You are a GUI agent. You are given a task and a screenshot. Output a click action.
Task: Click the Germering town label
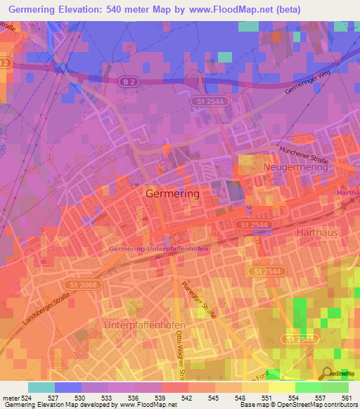click(x=172, y=193)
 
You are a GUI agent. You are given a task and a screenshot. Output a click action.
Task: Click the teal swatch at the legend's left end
click(x=41, y=387)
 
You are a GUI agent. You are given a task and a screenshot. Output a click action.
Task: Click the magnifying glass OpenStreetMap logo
click(x=328, y=372)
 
